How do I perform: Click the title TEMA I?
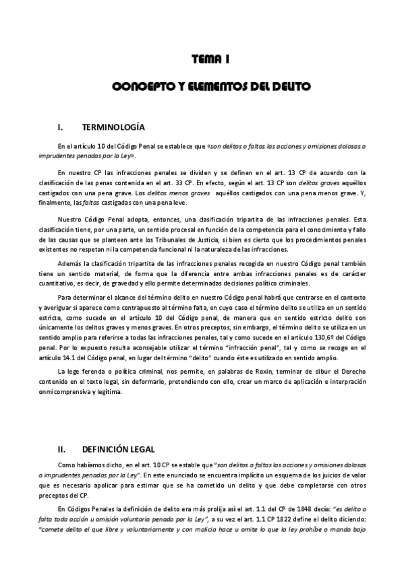click(x=210, y=61)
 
